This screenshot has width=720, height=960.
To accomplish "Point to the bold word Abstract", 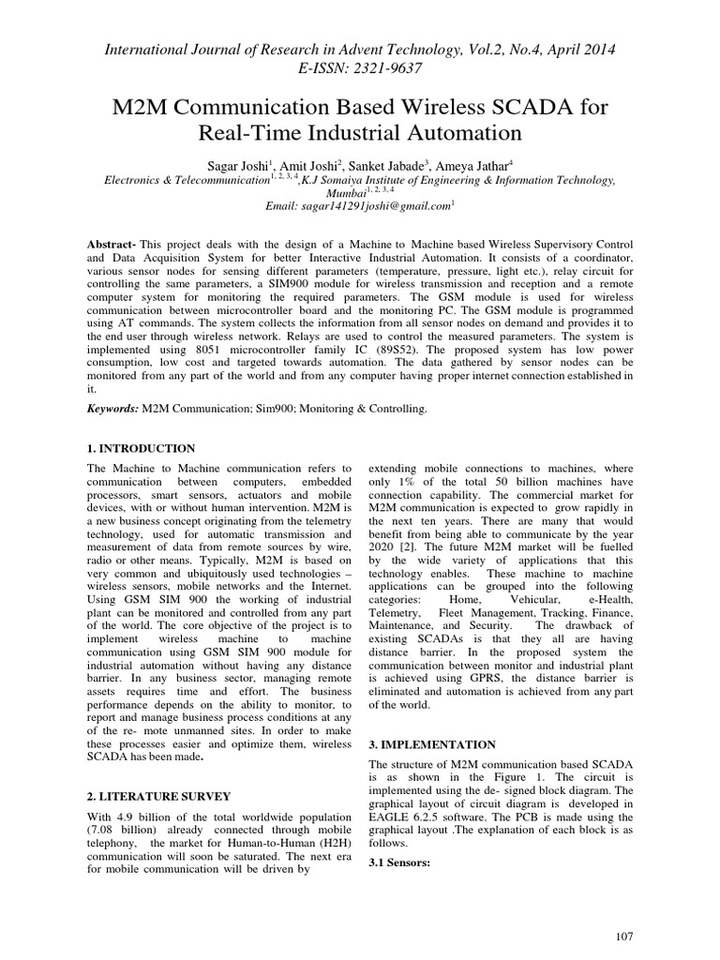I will tap(111, 242).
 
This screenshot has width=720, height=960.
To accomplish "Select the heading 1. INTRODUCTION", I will tap(141, 449).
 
